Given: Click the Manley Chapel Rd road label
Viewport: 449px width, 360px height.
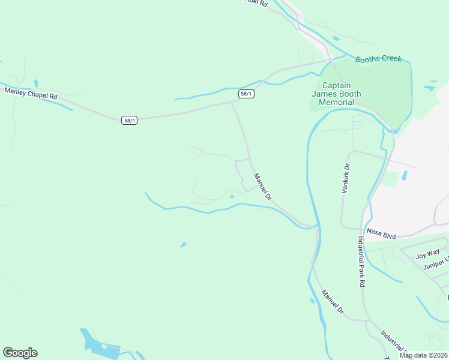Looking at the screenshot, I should coord(31,94).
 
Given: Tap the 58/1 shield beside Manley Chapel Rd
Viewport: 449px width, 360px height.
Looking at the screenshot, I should coord(129,120).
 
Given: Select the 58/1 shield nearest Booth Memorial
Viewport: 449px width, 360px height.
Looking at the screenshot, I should coord(246,94).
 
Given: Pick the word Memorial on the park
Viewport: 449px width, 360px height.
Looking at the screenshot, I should coord(336,102).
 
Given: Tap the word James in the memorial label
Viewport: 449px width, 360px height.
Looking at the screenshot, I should coord(324,94).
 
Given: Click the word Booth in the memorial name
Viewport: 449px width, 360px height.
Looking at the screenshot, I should coord(350,94).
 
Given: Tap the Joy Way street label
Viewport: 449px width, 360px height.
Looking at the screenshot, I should coord(427,254).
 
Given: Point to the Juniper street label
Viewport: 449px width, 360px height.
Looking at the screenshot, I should coord(435,263).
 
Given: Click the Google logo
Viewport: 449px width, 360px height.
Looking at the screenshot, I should coord(20,353).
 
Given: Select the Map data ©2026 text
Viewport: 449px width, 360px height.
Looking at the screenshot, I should coord(423,355).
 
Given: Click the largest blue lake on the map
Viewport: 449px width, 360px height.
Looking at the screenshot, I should coord(93,342).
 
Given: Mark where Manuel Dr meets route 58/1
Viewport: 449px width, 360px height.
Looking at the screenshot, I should coord(232,102).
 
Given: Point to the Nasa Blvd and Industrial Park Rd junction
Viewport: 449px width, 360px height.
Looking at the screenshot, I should coord(363,229).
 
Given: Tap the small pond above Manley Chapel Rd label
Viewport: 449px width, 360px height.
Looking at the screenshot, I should coord(36,83).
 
